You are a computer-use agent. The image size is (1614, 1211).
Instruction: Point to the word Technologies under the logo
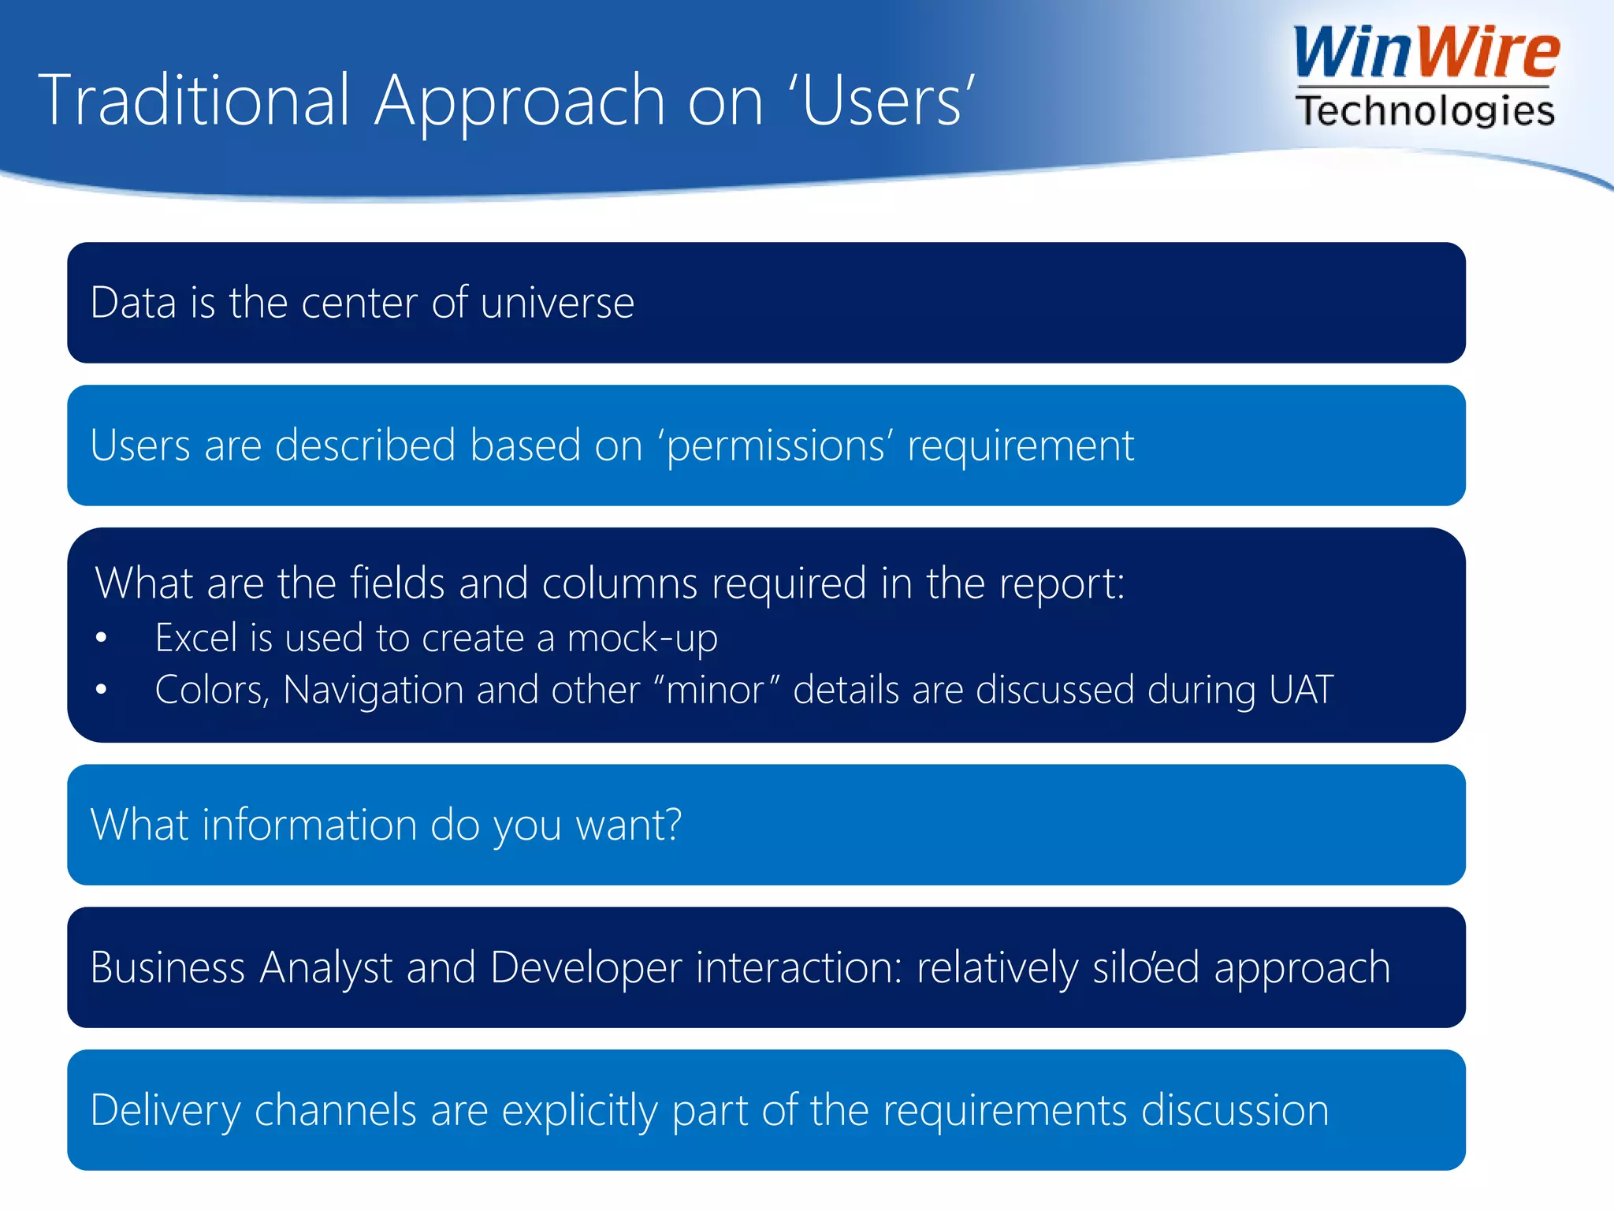1425,110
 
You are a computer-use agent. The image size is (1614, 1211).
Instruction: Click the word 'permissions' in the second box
775,446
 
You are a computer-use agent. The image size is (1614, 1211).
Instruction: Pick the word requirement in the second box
1020,445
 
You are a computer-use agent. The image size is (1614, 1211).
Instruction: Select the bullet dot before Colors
101,690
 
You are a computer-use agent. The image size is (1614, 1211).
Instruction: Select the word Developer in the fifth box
586,968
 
